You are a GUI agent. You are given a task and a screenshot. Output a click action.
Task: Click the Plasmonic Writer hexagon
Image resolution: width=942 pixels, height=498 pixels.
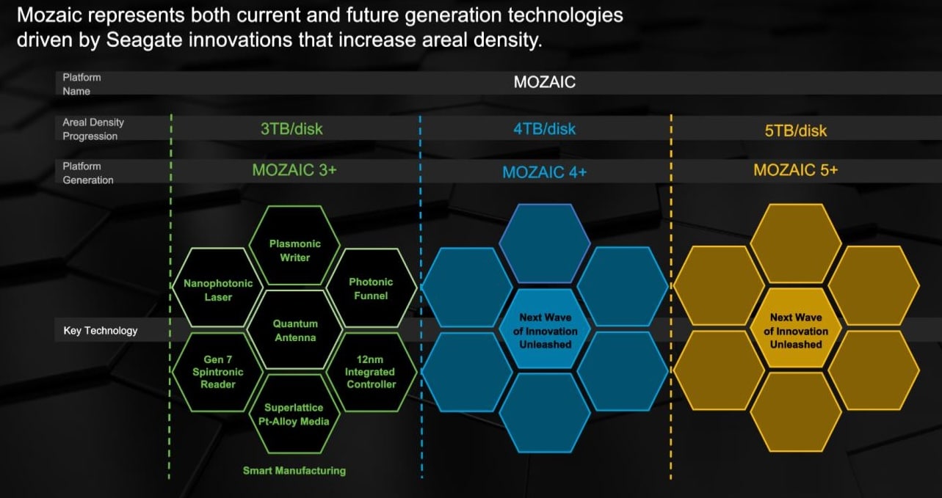295,246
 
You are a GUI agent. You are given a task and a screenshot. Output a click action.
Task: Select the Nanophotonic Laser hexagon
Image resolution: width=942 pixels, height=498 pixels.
218,288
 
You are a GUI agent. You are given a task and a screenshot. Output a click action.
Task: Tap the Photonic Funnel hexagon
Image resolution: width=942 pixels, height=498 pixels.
372,288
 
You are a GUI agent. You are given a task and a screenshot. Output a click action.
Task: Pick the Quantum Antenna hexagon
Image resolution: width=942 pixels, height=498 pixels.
295,330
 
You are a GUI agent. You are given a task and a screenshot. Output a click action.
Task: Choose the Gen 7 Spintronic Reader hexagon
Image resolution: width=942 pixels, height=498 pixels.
218,372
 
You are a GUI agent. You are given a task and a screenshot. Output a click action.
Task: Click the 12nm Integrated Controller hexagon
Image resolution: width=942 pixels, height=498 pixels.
372,372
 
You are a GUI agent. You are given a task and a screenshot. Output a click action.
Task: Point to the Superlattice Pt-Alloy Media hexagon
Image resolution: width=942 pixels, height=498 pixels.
294,414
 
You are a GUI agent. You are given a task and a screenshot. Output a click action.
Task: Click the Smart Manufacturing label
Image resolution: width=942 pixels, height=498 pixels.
294,471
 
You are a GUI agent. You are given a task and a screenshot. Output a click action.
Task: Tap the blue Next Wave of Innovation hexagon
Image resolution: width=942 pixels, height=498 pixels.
545,329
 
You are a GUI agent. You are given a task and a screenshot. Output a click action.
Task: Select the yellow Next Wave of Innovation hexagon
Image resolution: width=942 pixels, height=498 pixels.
796,329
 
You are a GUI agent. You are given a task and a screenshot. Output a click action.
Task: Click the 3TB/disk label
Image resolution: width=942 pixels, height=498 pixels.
291,128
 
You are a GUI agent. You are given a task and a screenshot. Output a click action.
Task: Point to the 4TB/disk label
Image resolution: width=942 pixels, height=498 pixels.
545,129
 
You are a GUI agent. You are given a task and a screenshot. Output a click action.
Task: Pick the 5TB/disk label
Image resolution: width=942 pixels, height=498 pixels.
796,131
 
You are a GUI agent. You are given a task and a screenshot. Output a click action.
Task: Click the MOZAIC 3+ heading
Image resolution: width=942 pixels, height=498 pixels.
294,170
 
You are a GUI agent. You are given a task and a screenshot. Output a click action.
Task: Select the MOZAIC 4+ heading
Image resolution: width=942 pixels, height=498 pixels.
545,172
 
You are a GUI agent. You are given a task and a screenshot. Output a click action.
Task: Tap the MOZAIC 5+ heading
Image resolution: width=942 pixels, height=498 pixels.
796,170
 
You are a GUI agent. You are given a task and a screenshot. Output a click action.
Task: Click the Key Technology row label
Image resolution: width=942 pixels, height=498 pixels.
101,331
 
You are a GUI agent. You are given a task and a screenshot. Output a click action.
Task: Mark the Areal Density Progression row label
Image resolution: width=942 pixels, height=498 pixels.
93,129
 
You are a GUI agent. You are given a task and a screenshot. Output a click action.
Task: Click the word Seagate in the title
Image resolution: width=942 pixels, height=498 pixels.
144,40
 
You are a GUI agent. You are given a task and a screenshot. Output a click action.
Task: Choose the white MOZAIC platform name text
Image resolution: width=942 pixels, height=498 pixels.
545,82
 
